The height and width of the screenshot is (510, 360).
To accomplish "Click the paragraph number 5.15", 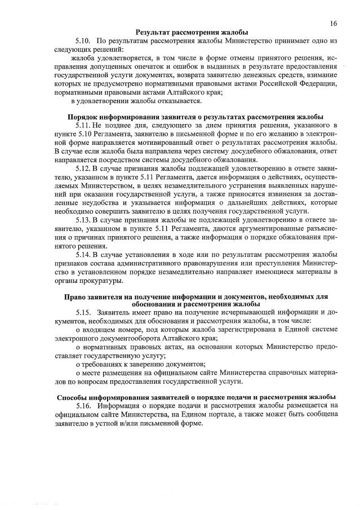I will click(x=83, y=312).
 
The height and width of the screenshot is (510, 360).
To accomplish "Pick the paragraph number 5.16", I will click(x=83, y=406).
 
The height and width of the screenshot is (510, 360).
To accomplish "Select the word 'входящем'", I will click(x=95, y=329).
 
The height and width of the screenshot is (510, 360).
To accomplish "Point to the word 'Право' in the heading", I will click(x=74, y=296).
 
